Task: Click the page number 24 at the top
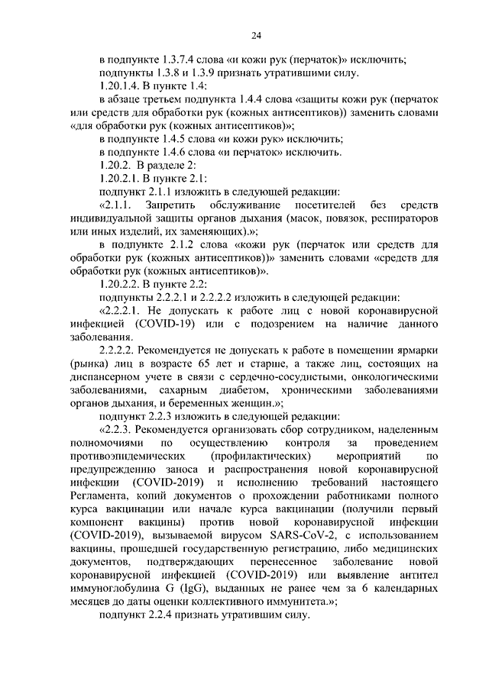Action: [x=257, y=35]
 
